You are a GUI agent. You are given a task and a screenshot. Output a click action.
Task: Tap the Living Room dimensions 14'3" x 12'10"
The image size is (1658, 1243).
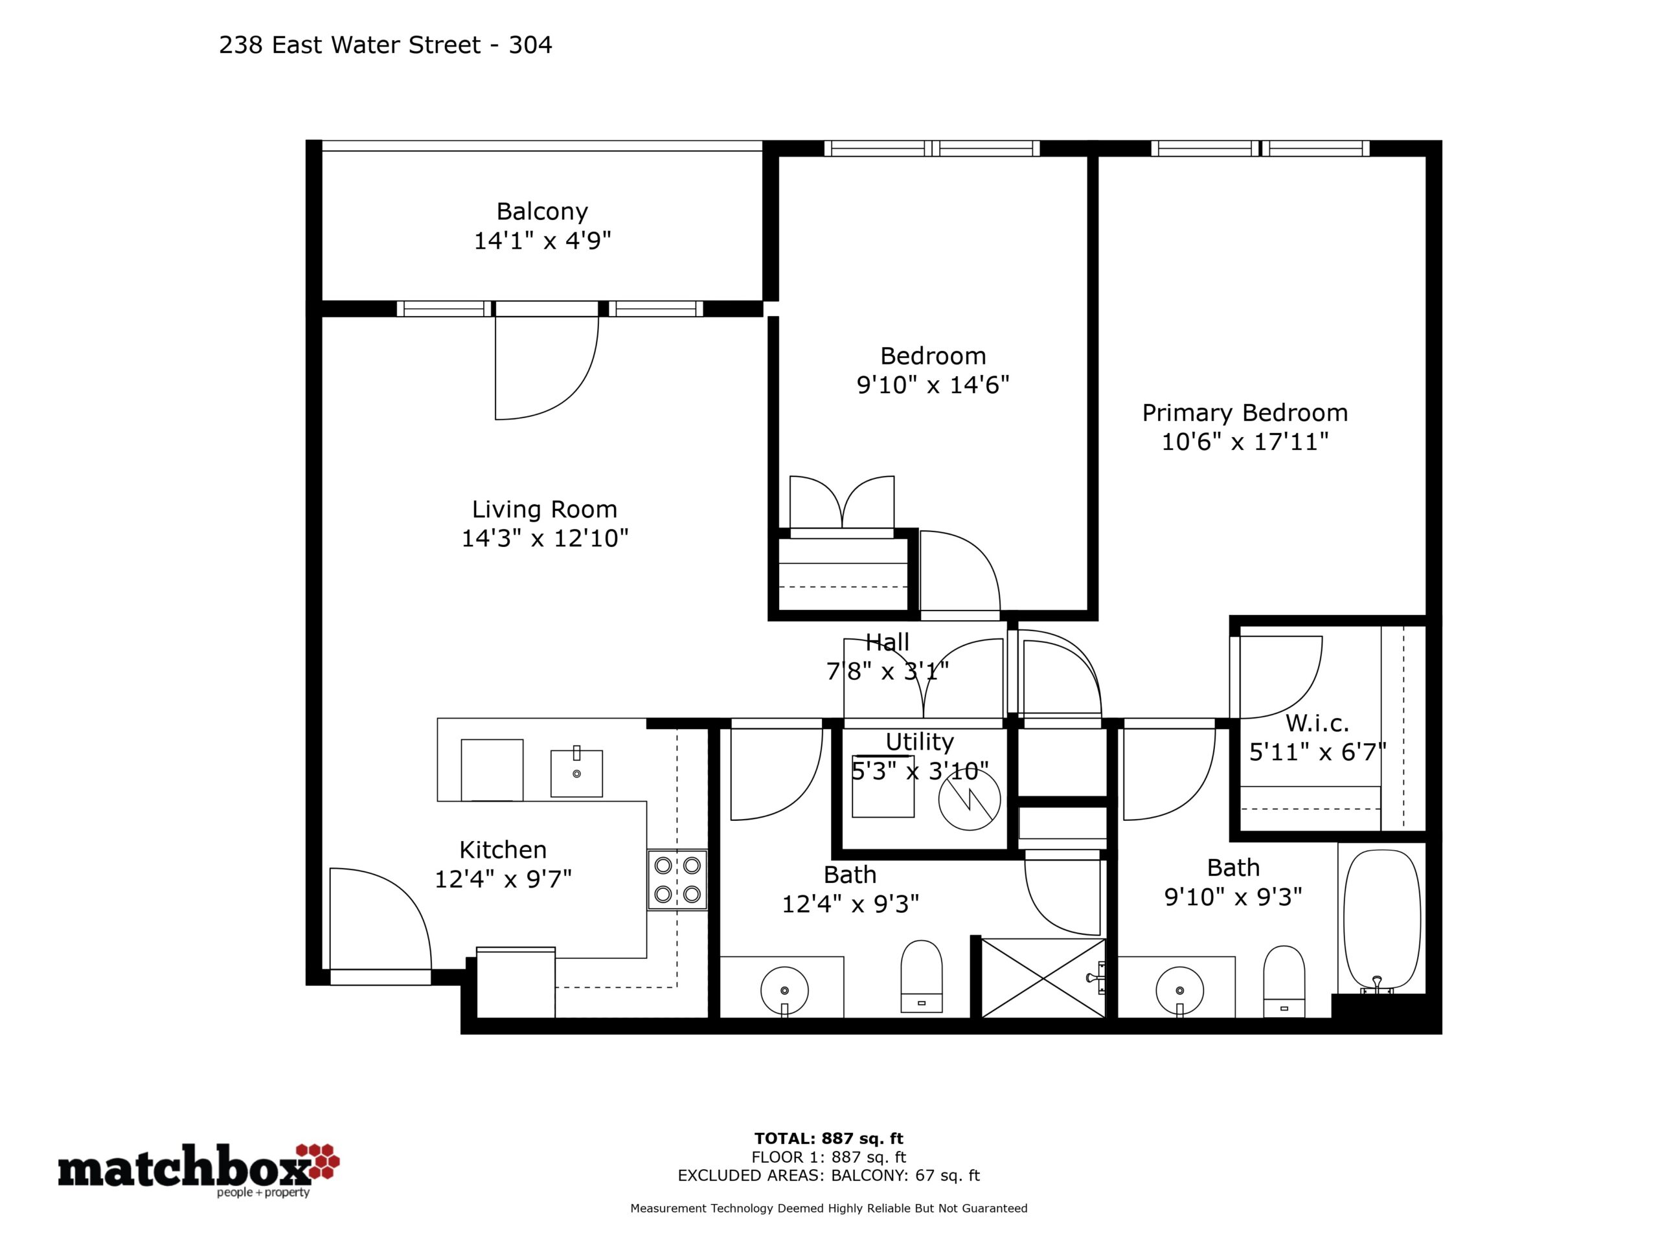pyautogui.click(x=544, y=538)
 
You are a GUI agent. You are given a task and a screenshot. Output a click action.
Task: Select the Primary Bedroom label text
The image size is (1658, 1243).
pyautogui.click(x=1244, y=413)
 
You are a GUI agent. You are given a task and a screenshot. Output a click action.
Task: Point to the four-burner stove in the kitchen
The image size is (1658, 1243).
pyautogui.click(x=677, y=880)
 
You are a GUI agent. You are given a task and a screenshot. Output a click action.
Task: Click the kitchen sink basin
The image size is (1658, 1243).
pyautogui.click(x=576, y=772)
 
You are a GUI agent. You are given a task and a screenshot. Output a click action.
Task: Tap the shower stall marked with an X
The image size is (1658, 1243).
pyautogui.click(x=1043, y=978)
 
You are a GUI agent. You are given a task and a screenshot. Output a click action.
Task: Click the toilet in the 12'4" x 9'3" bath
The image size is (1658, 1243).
pyautogui.click(x=921, y=976)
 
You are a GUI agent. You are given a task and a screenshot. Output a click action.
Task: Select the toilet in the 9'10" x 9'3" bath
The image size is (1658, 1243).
pyautogui.click(x=1284, y=981)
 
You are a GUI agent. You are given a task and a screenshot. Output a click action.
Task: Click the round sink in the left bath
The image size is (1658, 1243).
pyautogui.click(x=784, y=990)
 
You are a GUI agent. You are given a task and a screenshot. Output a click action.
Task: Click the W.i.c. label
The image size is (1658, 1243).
pyautogui.click(x=1317, y=723)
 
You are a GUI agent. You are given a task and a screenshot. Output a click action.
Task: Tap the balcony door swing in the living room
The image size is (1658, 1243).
pyautogui.click(x=547, y=368)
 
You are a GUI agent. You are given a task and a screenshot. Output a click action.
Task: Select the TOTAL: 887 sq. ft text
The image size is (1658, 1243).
pyautogui.click(x=828, y=1139)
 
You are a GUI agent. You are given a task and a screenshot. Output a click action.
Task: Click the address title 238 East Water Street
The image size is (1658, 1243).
pyautogui.click(x=349, y=45)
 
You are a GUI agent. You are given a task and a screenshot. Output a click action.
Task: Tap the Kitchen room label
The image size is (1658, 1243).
pyautogui.click(x=503, y=849)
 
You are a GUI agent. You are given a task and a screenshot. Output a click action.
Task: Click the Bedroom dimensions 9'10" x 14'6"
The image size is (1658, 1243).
pyautogui.click(x=933, y=385)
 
